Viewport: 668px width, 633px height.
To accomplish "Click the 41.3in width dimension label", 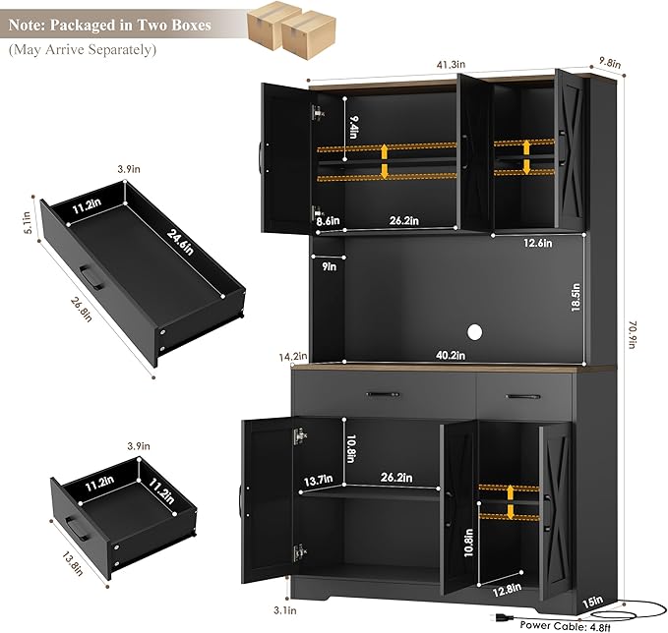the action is click(x=451, y=65).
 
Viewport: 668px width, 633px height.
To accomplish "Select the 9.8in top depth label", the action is click(x=610, y=63).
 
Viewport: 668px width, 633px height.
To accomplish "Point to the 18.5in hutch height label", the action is click(x=576, y=298).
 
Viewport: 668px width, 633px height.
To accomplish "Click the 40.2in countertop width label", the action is click(x=451, y=355).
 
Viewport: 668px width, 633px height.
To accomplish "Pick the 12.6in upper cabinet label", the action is click(x=537, y=243).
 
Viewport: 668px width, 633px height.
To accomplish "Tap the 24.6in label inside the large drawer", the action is click(x=180, y=242).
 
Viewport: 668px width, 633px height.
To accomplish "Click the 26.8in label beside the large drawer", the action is click(x=81, y=309).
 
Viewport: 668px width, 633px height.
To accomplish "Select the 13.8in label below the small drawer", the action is click(x=73, y=563).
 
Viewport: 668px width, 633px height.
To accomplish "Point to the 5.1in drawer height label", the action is click(x=28, y=222).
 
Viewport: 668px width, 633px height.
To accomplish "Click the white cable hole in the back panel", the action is click(x=474, y=332).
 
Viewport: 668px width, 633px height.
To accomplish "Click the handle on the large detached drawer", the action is click(x=91, y=277).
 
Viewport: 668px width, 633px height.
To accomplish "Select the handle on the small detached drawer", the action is click(x=77, y=528).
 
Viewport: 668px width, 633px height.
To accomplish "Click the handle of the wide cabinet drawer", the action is click(x=383, y=394).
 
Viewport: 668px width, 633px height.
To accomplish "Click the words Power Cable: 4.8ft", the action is click(x=566, y=626).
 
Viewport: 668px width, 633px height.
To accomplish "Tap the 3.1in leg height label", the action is click(x=285, y=610).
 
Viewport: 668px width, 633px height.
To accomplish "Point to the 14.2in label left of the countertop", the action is click(x=293, y=356).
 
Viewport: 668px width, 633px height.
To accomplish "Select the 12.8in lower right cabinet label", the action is click(x=507, y=590).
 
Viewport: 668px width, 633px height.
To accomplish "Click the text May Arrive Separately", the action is click(x=83, y=49).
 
